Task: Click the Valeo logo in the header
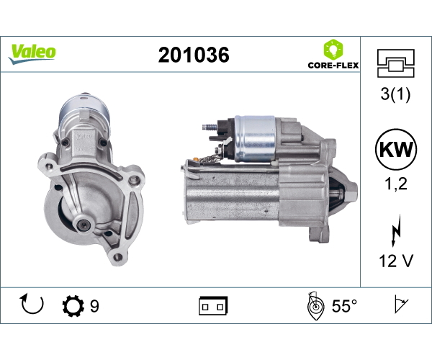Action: click(32, 54)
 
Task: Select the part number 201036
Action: click(194, 55)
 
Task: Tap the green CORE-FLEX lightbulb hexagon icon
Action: click(333, 49)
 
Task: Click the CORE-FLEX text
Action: click(333, 66)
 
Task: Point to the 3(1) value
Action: click(395, 94)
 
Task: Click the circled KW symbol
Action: click(396, 149)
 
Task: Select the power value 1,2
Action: click(396, 184)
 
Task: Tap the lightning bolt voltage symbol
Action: click(396, 230)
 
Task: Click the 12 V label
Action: click(396, 261)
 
